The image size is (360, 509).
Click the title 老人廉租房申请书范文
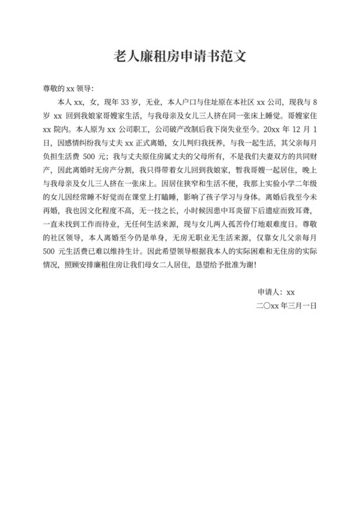[180, 56]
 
